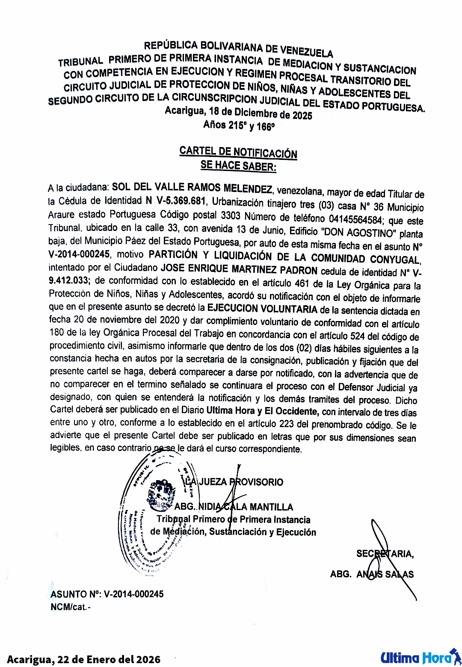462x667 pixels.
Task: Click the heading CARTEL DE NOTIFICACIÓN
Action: coord(238,152)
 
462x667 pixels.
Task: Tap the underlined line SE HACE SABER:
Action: coord(238,165)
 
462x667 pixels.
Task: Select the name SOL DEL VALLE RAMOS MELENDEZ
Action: coord(192,188)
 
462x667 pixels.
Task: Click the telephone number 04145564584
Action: coord(355,220)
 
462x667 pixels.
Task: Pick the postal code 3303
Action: coord(231,215)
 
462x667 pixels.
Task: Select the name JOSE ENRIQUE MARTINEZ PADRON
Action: coord(239,270)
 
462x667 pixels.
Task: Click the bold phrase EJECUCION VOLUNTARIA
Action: coord(262,309)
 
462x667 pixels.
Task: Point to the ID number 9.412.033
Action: coord(69,280)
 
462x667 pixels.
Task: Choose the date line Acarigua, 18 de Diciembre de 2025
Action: coord(238,113)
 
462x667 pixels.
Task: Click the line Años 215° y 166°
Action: coord(239,125)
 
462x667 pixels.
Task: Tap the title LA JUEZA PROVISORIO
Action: coord(234,482)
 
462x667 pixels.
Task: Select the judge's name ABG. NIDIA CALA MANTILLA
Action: coord(234,507)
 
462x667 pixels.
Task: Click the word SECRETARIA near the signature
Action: coord(385,554)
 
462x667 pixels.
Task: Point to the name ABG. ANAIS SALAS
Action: coord(372,574)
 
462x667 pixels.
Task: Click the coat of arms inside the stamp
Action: coord(161,495)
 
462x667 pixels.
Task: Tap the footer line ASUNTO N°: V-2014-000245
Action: coord(107,594)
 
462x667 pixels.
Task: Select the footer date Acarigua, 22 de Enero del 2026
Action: coord(84,659)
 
